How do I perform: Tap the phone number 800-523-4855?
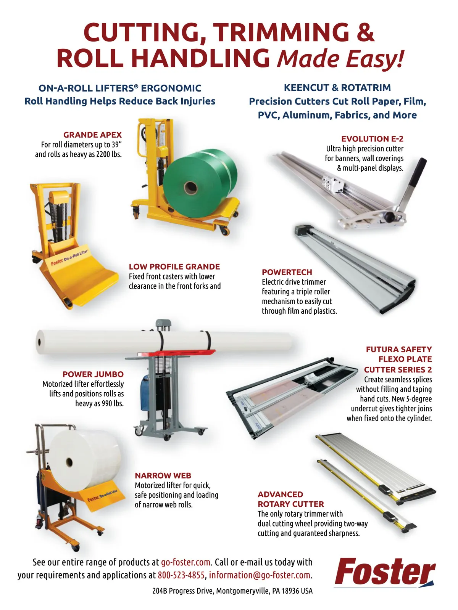181,575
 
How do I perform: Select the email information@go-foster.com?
260,575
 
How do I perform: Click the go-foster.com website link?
185,562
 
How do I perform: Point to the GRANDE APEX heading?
92,135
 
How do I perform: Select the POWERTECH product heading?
287,272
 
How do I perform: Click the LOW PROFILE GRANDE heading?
174,266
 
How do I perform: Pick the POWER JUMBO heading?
93,374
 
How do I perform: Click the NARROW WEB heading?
163,475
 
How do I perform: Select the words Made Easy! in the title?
340,59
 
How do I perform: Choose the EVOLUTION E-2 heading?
372,139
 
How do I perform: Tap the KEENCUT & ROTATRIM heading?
337,88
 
